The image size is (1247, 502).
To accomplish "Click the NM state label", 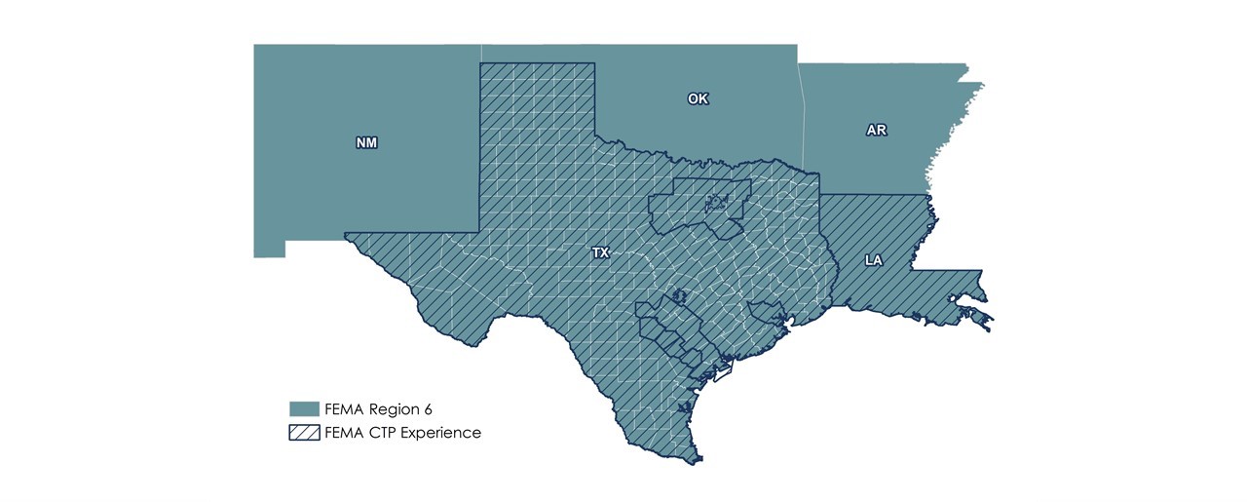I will click(366, 143).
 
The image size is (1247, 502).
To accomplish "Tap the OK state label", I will click(698, 99).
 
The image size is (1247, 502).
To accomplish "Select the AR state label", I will click(876, 130).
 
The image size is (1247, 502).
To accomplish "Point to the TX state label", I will click(600, 252).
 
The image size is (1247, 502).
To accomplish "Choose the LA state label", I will click(872, 260).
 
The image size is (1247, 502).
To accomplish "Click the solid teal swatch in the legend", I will click(304, 408).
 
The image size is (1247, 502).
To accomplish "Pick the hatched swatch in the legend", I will click(304, 433).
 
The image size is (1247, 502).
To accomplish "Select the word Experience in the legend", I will click(442, 433).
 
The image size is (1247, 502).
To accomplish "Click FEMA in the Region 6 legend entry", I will click(348, 408).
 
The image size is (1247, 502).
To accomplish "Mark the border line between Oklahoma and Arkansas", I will click(801, 117).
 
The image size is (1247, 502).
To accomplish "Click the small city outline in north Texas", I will click(717, 204).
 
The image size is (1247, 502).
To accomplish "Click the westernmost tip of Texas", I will click(347, 235).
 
